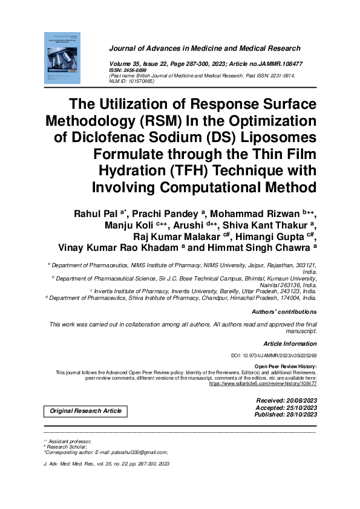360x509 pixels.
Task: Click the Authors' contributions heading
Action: coord(284,312)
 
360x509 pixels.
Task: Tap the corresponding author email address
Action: coord(134,452)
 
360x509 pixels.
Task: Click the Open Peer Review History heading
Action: coord(286,367)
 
